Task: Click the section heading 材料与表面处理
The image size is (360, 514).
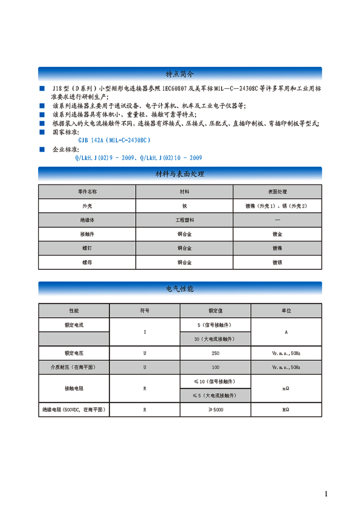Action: [179, 174]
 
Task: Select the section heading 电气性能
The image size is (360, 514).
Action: [179, 289]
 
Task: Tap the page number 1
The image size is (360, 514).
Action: [326, 494]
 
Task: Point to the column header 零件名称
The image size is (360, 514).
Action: [87, 191]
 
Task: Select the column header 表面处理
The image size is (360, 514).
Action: [277, 191]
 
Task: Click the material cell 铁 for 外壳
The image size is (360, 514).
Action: [184, 206]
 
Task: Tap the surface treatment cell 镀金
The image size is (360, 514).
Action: [277, 234]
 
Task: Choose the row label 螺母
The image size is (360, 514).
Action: [87, 262]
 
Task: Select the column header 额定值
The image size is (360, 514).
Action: [215, 311]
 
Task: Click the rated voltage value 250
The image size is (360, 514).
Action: [215, 353]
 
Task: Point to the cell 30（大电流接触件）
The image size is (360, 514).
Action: [215, 339]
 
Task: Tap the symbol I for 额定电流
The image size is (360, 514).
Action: [145, 332]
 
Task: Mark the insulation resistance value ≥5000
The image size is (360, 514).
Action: [215, 410]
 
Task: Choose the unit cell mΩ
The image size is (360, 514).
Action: [286, 389]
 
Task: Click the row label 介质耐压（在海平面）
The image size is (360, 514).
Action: [75, 368]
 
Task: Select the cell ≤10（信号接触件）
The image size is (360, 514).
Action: [215, 381]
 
